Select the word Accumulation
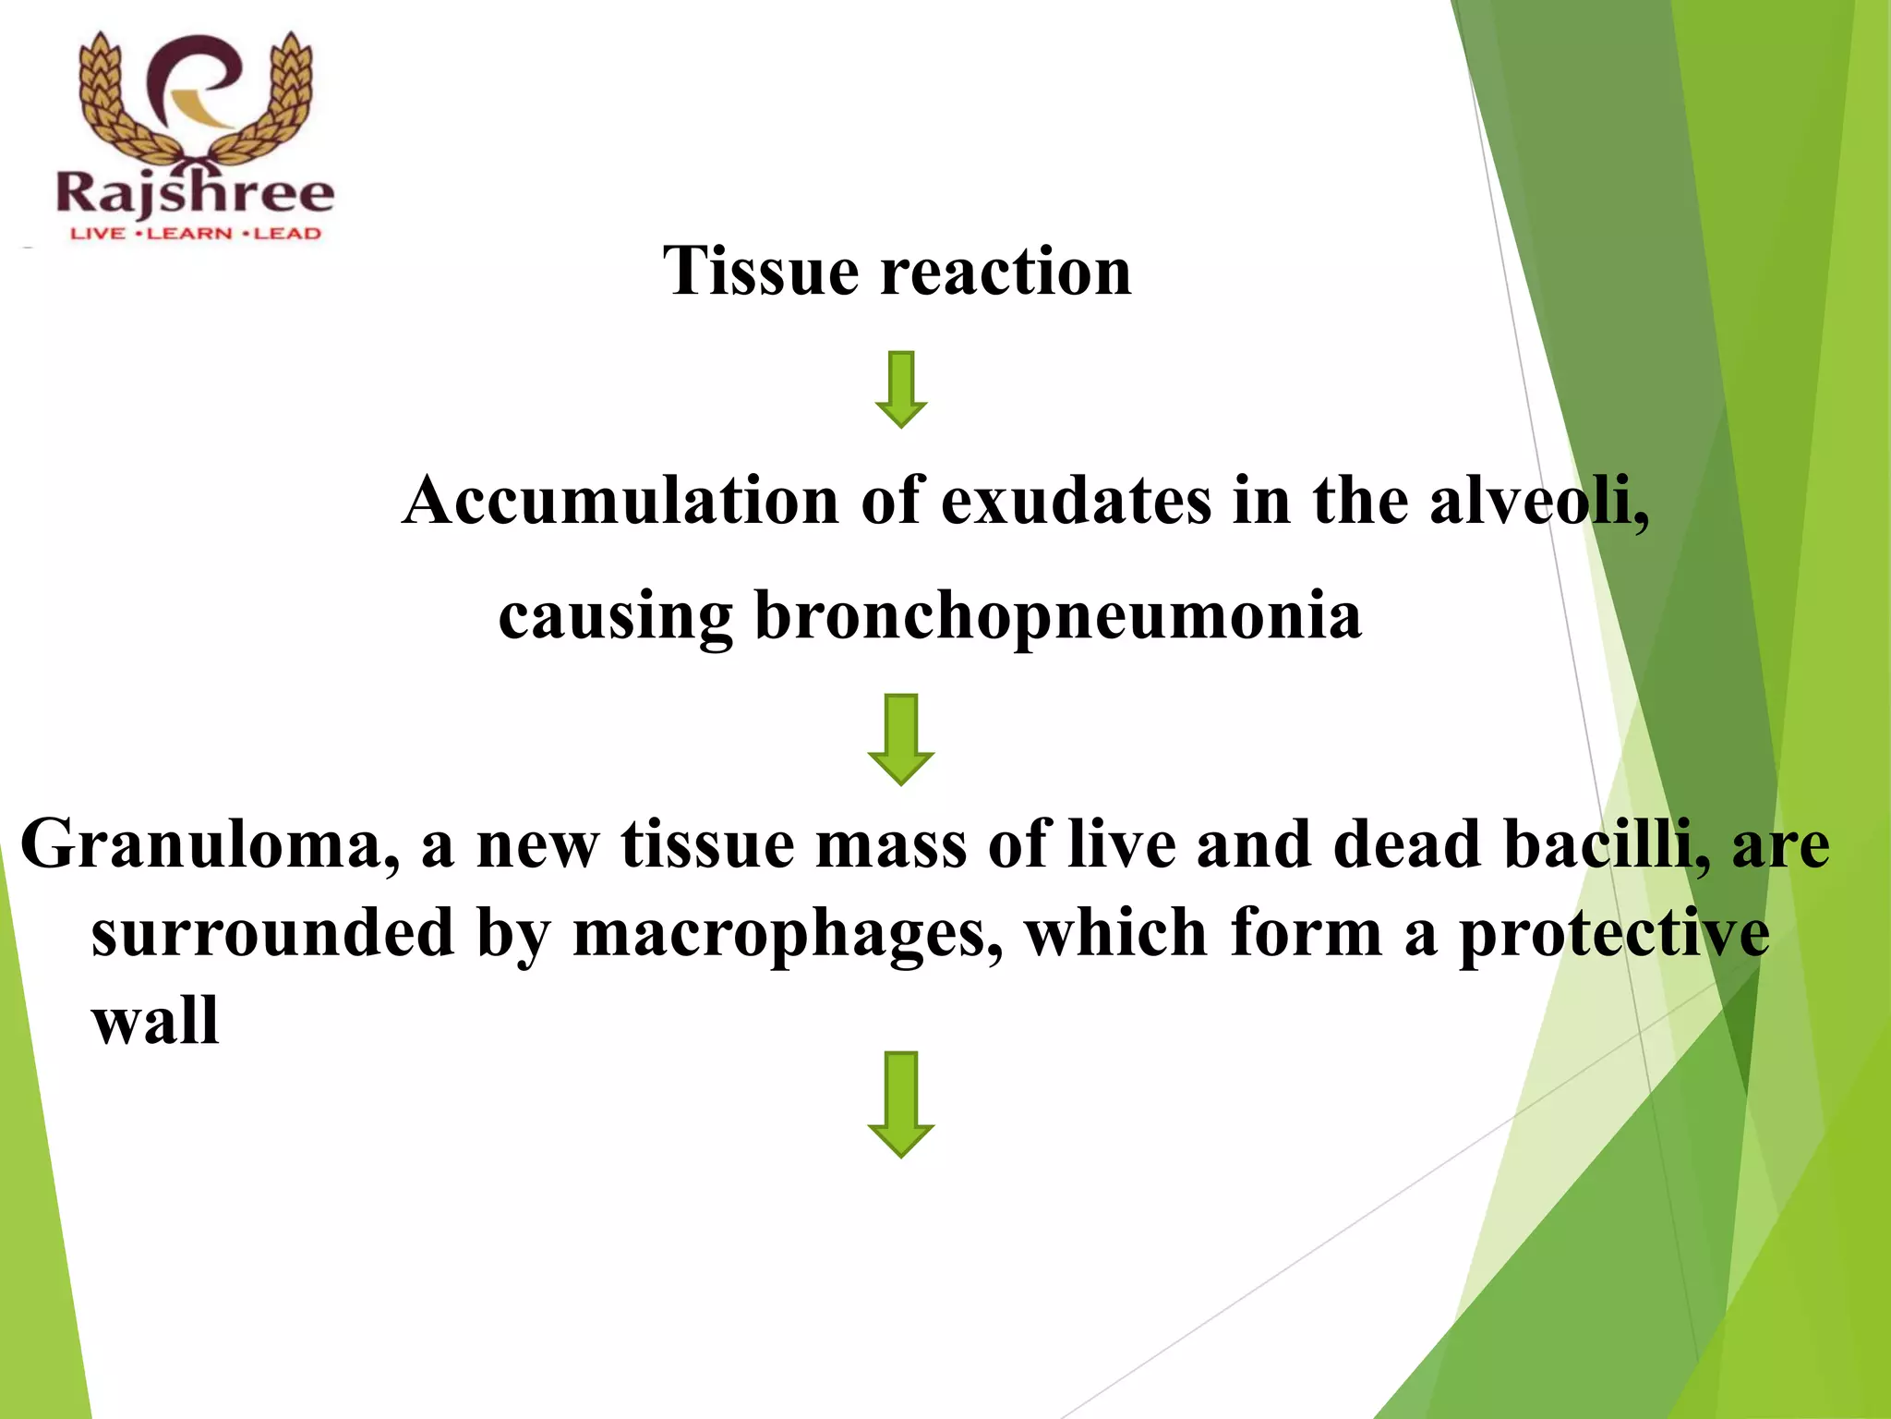[x=620, y=501]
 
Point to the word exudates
[x=1076, y=501]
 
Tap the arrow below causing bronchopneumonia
[x=900, y=739]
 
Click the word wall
[x=155, y=1022]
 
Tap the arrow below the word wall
[x=900, y=1104]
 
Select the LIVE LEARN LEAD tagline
[x=196, y=234]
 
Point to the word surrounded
[x=272, y=934]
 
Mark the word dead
[x=1407, y=845]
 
